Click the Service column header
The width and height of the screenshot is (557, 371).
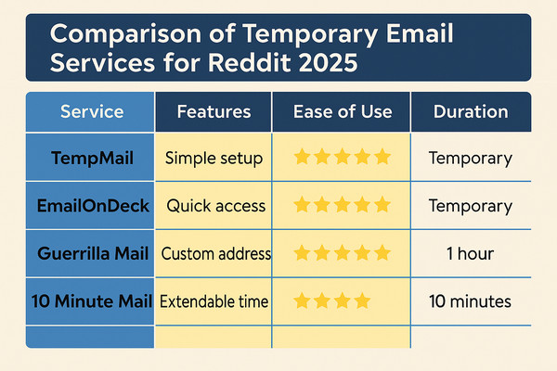tap(92, 112)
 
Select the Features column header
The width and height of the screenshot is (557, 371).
tap(214, 112)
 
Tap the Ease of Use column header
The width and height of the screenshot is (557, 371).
tap(342, 112)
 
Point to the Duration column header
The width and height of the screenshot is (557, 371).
tap(471, 112)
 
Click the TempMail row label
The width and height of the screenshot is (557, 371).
tap(92, 158)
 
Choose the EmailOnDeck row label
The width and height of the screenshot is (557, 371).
tap(92, 206)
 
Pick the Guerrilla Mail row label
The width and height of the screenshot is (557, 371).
tap(92, 253)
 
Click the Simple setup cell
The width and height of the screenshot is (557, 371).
tap(214, 158)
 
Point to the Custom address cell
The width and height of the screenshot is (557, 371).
tap(215, 253)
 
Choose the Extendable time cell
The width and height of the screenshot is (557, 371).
tap(214, 301)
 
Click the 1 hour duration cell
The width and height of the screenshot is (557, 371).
tap(470, 253)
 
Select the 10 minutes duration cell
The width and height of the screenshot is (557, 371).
tap(470, 301)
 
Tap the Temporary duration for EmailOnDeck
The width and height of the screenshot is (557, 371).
tap(470, 206)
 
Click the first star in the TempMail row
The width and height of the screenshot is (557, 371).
tap(302, 157)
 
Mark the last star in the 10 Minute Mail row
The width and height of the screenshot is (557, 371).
tap(362, 300)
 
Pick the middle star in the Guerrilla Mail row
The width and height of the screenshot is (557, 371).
tap(343, 252)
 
